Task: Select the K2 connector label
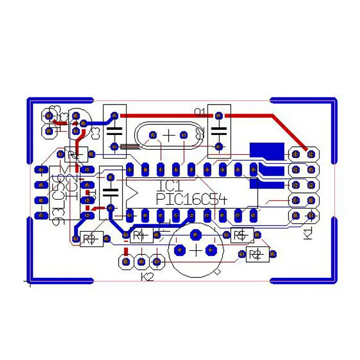[147, 277]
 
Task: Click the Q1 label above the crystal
[200, 111]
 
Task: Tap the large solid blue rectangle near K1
[267, 150]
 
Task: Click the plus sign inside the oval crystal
[169, 136]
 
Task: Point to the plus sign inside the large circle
[196, 250]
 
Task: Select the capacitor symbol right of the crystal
[219, 132]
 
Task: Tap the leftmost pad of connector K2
[126, 261]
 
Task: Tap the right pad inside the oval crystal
[183, 136]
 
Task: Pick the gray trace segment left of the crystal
[128, 147]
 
